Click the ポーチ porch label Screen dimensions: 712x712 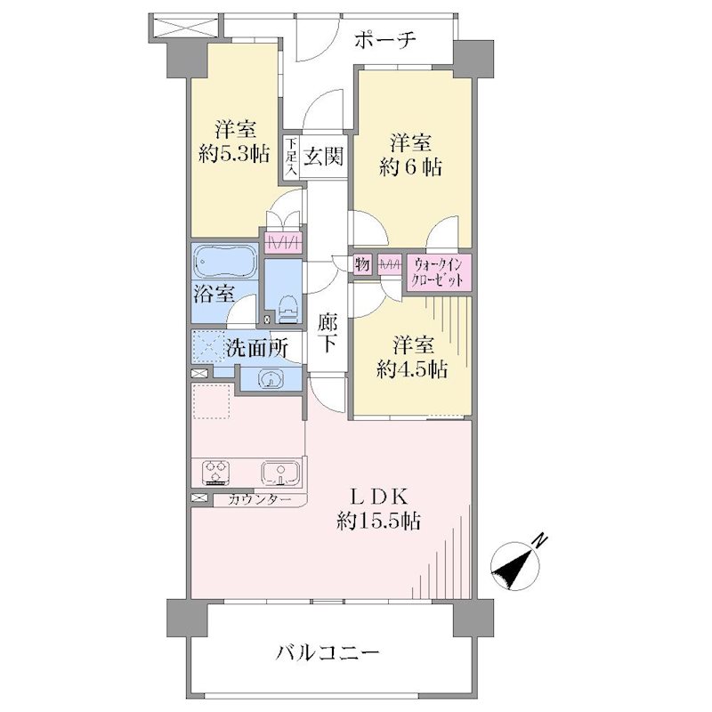coord(384,40)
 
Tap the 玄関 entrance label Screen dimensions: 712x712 coord(323,157)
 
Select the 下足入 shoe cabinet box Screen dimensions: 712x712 coord(291,158)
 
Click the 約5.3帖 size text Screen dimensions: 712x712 coord(234,154)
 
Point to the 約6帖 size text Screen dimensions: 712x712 coord(410,167)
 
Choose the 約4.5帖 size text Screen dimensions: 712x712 coord(412,369)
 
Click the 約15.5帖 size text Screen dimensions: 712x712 coord(378,521)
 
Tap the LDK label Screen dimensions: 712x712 coord(379,498)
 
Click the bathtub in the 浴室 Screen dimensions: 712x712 coord(225,262)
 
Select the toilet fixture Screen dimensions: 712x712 coord(286,309)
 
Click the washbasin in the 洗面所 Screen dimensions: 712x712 coord(271,378)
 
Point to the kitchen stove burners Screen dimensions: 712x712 coord(215,471)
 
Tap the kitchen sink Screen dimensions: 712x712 coord(280,473)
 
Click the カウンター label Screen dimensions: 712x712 coord(259,500)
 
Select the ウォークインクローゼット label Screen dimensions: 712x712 coord(437,272)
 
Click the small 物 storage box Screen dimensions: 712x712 coord(362,263)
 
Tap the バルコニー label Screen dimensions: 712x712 coord(328,654)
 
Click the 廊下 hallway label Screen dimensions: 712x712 coord(327,334)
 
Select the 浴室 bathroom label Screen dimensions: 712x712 coord(214,294)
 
